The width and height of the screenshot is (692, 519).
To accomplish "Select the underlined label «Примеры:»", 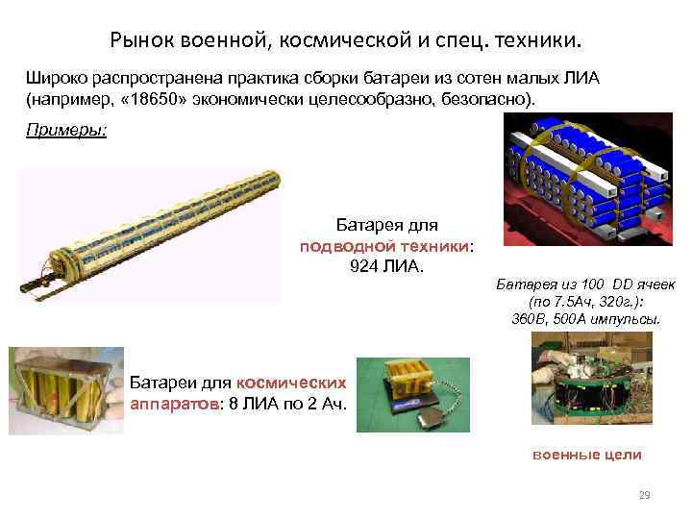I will click(x=66, y=132).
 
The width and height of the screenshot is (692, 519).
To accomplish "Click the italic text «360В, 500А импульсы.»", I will click(x=586, y=318).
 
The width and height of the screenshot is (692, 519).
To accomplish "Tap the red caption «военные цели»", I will click(x=586, y=455).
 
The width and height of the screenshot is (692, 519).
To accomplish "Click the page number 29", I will click(x=644, y=495).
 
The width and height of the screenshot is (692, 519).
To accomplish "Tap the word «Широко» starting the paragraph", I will click(x=55, y=80).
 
